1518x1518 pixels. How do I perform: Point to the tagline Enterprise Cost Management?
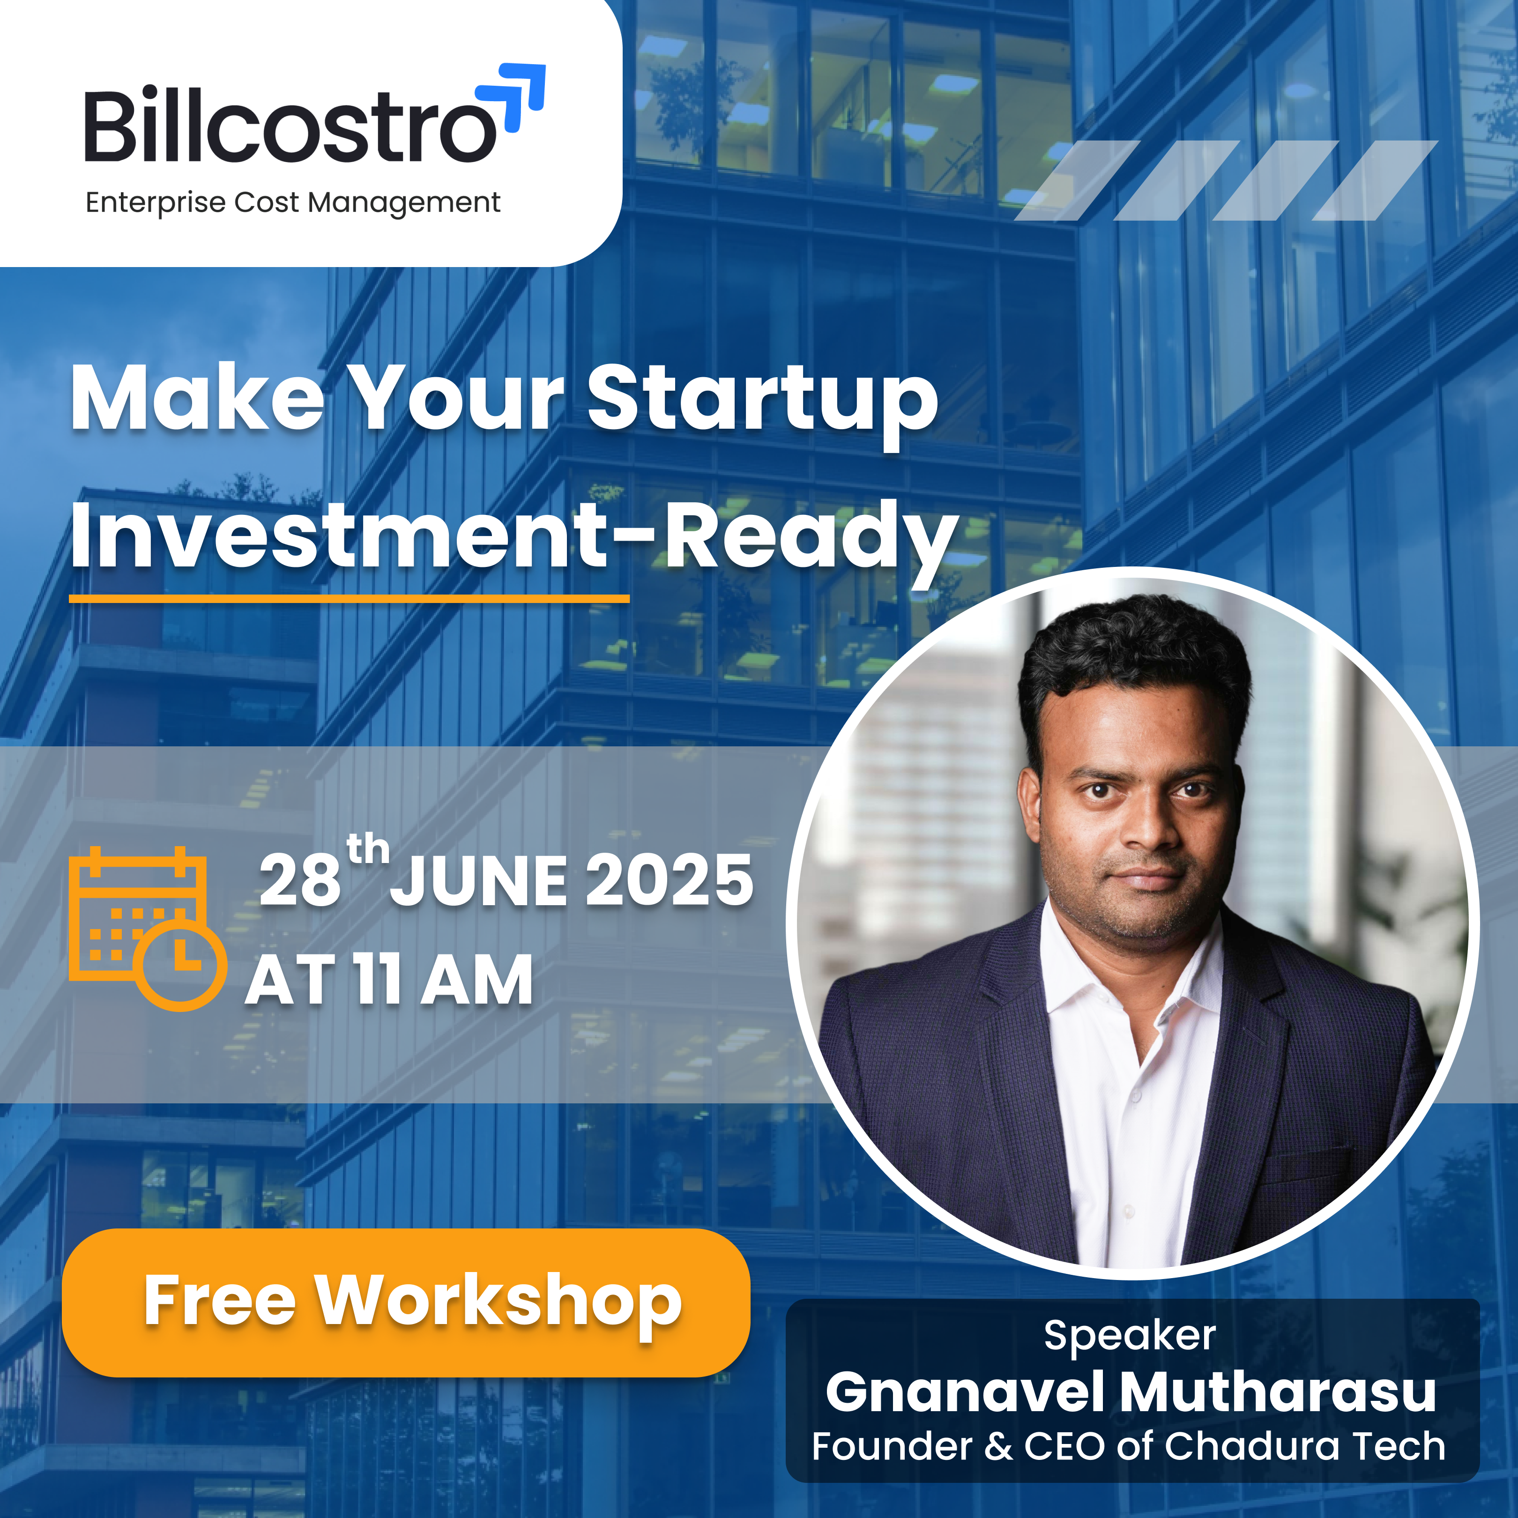point(292,203)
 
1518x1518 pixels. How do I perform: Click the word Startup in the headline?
point(763,401)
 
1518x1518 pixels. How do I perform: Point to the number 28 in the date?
point(300,881)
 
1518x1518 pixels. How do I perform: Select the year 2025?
point(670,881)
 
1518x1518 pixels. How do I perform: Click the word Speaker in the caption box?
point(1130,1336)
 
